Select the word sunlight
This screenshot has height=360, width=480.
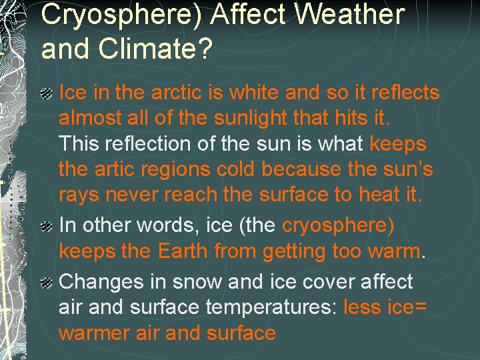click(257, 118)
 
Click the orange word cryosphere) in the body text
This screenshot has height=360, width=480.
click(338, 225)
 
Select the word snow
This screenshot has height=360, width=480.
click(197, 282)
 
